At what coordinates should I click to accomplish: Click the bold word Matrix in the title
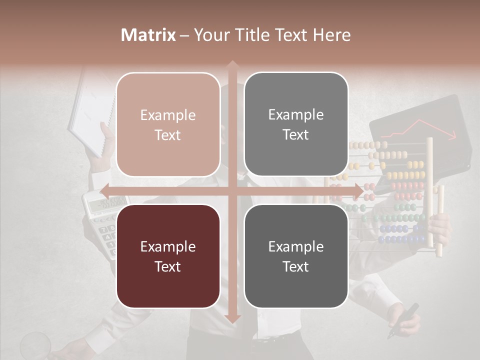point(148,35)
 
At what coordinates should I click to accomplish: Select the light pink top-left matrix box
point(168,124)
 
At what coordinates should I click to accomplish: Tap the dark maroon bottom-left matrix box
point(168,256)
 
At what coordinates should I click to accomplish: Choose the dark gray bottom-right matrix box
point(296,256)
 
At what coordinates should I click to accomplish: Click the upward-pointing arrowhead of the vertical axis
point(232,64)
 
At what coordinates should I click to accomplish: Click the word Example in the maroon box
point(168,246)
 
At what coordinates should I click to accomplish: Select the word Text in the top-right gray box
point(296,134)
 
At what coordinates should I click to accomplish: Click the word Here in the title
point(332,35)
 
